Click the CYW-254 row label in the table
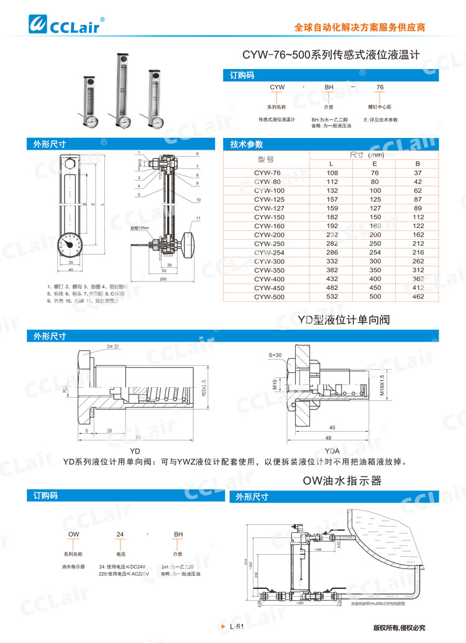tap(268, 253)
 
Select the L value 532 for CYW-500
tap(332, 297)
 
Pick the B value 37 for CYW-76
tap(418, 173)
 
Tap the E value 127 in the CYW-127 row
tap(375, 208)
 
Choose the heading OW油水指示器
tap(341, 481)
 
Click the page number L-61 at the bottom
tap(238, 627)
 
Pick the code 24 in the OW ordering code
tap(121, 516)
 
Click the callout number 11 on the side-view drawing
tap(198, 219)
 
